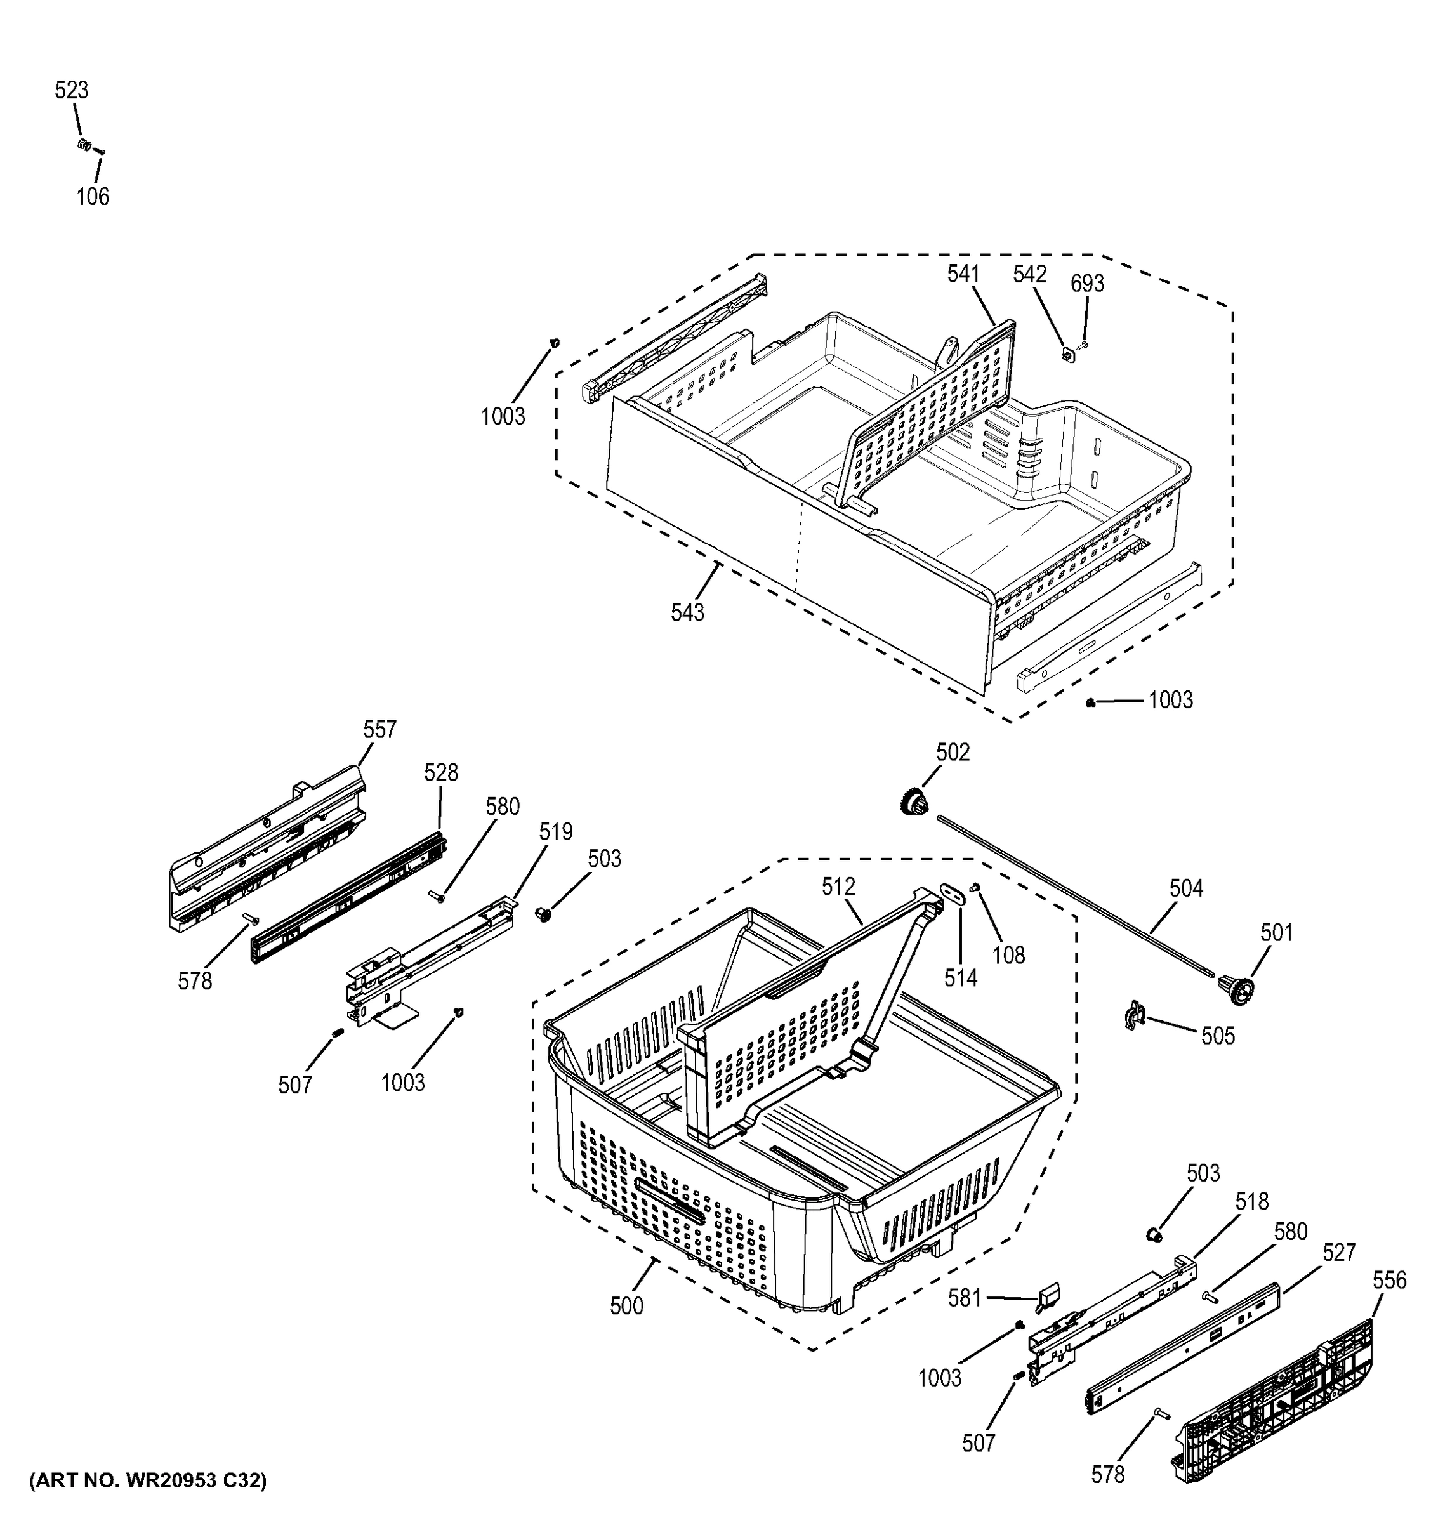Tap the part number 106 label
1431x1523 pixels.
(93, 197)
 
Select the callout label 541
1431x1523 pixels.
(963, 274)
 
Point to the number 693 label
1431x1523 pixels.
(1087, 284)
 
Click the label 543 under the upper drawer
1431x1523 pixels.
(687, 613)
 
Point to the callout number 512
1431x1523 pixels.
(838, 887)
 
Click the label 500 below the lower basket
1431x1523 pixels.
(626, 1306)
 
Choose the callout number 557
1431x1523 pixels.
(379, 729)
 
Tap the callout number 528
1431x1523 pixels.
(440, 773)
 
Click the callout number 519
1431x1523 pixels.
(555, 831)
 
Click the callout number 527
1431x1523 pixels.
(1339, 1253)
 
